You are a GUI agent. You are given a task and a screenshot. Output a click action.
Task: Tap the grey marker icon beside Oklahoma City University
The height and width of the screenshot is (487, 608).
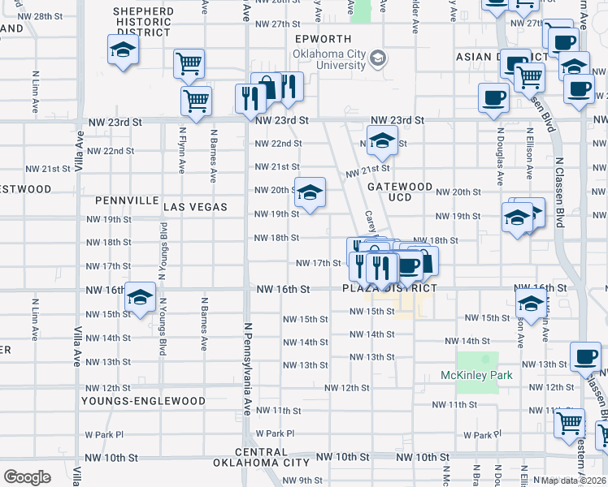point(378,58)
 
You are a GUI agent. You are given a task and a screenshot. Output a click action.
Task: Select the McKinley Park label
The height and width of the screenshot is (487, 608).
point(476,375)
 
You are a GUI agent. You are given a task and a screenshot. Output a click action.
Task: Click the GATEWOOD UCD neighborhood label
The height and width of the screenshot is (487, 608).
point(399,192)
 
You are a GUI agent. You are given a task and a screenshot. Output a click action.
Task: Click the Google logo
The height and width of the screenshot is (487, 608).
point(27,476)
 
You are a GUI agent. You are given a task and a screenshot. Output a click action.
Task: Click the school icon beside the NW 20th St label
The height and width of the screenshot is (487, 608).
point(309,193)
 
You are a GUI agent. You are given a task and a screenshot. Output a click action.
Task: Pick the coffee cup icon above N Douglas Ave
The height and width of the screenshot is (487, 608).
point(493,98)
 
